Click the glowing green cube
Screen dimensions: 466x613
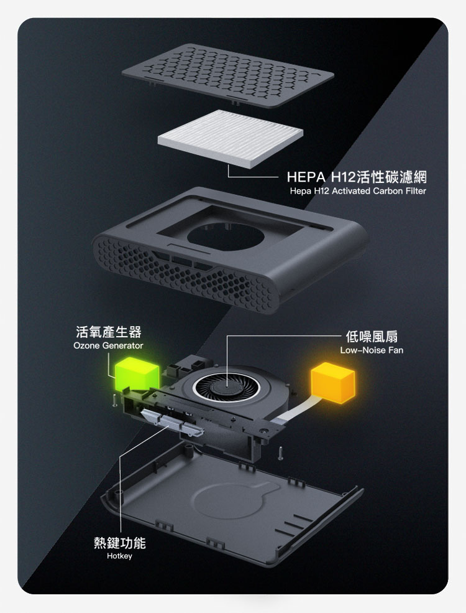point(137,374)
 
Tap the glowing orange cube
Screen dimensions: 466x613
point(333,383)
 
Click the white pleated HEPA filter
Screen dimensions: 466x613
point(231,138)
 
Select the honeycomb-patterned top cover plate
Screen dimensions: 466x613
point(228,75)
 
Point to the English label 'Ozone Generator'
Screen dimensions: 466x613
point(108,345)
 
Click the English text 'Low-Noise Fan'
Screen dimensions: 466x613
point(372,350)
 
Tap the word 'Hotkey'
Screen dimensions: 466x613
point(119,556)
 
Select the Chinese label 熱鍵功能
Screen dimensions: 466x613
point(120,543)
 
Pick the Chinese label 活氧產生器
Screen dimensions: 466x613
point(109,332)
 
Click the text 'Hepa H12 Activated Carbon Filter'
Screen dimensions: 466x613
point(358,191)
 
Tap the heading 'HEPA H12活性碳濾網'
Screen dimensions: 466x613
point(357,177)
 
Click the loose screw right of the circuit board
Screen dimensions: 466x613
point(281,453)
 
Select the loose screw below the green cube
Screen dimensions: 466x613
point(114,401)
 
